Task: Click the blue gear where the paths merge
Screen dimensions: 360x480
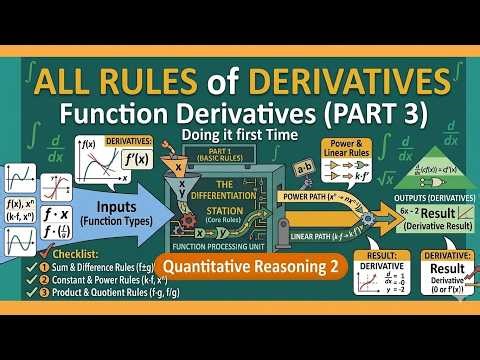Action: click(x=373, y=218)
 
